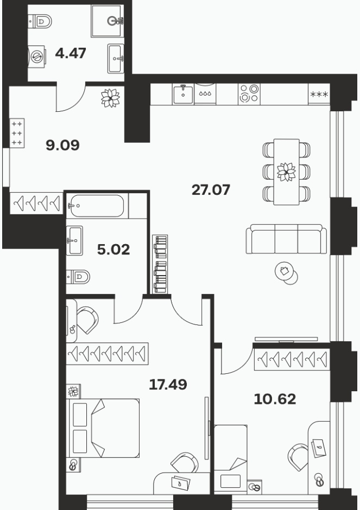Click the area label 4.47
pyautogui.click(x=71, y=53)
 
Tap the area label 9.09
pyautogui.click(x=62, y=145)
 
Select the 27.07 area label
pyautogui.click(x=211, y=190)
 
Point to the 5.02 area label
pyautogui.click(x=113, y=250)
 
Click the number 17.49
pyautogui.click(x=168, y=385)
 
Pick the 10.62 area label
pyautogui.click(x=275, y=399)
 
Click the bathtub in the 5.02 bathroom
pyautogui.click(x=97, y=206)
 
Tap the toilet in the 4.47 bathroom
pyautogui.click(x=40, y=22)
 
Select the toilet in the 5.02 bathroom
pyautogui.click(x=78, y=277)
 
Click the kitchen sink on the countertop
pyautogui.click(x=183, y=94)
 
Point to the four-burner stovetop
pyautogui.click(x=249, y=94)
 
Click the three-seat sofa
pyautogui.click(x=286, y=239)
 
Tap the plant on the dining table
pyautogui.click(x=287, y=172)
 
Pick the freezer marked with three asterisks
pyautogui.click(x=319, y=94)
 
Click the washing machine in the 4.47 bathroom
pyautogui.click(x=36, y=56)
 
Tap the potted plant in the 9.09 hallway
pyautogui.click(x=110, y=98)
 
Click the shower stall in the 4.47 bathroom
pyautogui.click(x=108, y=21)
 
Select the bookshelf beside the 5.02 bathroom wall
pyautogui.click(x=160, y=264)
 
